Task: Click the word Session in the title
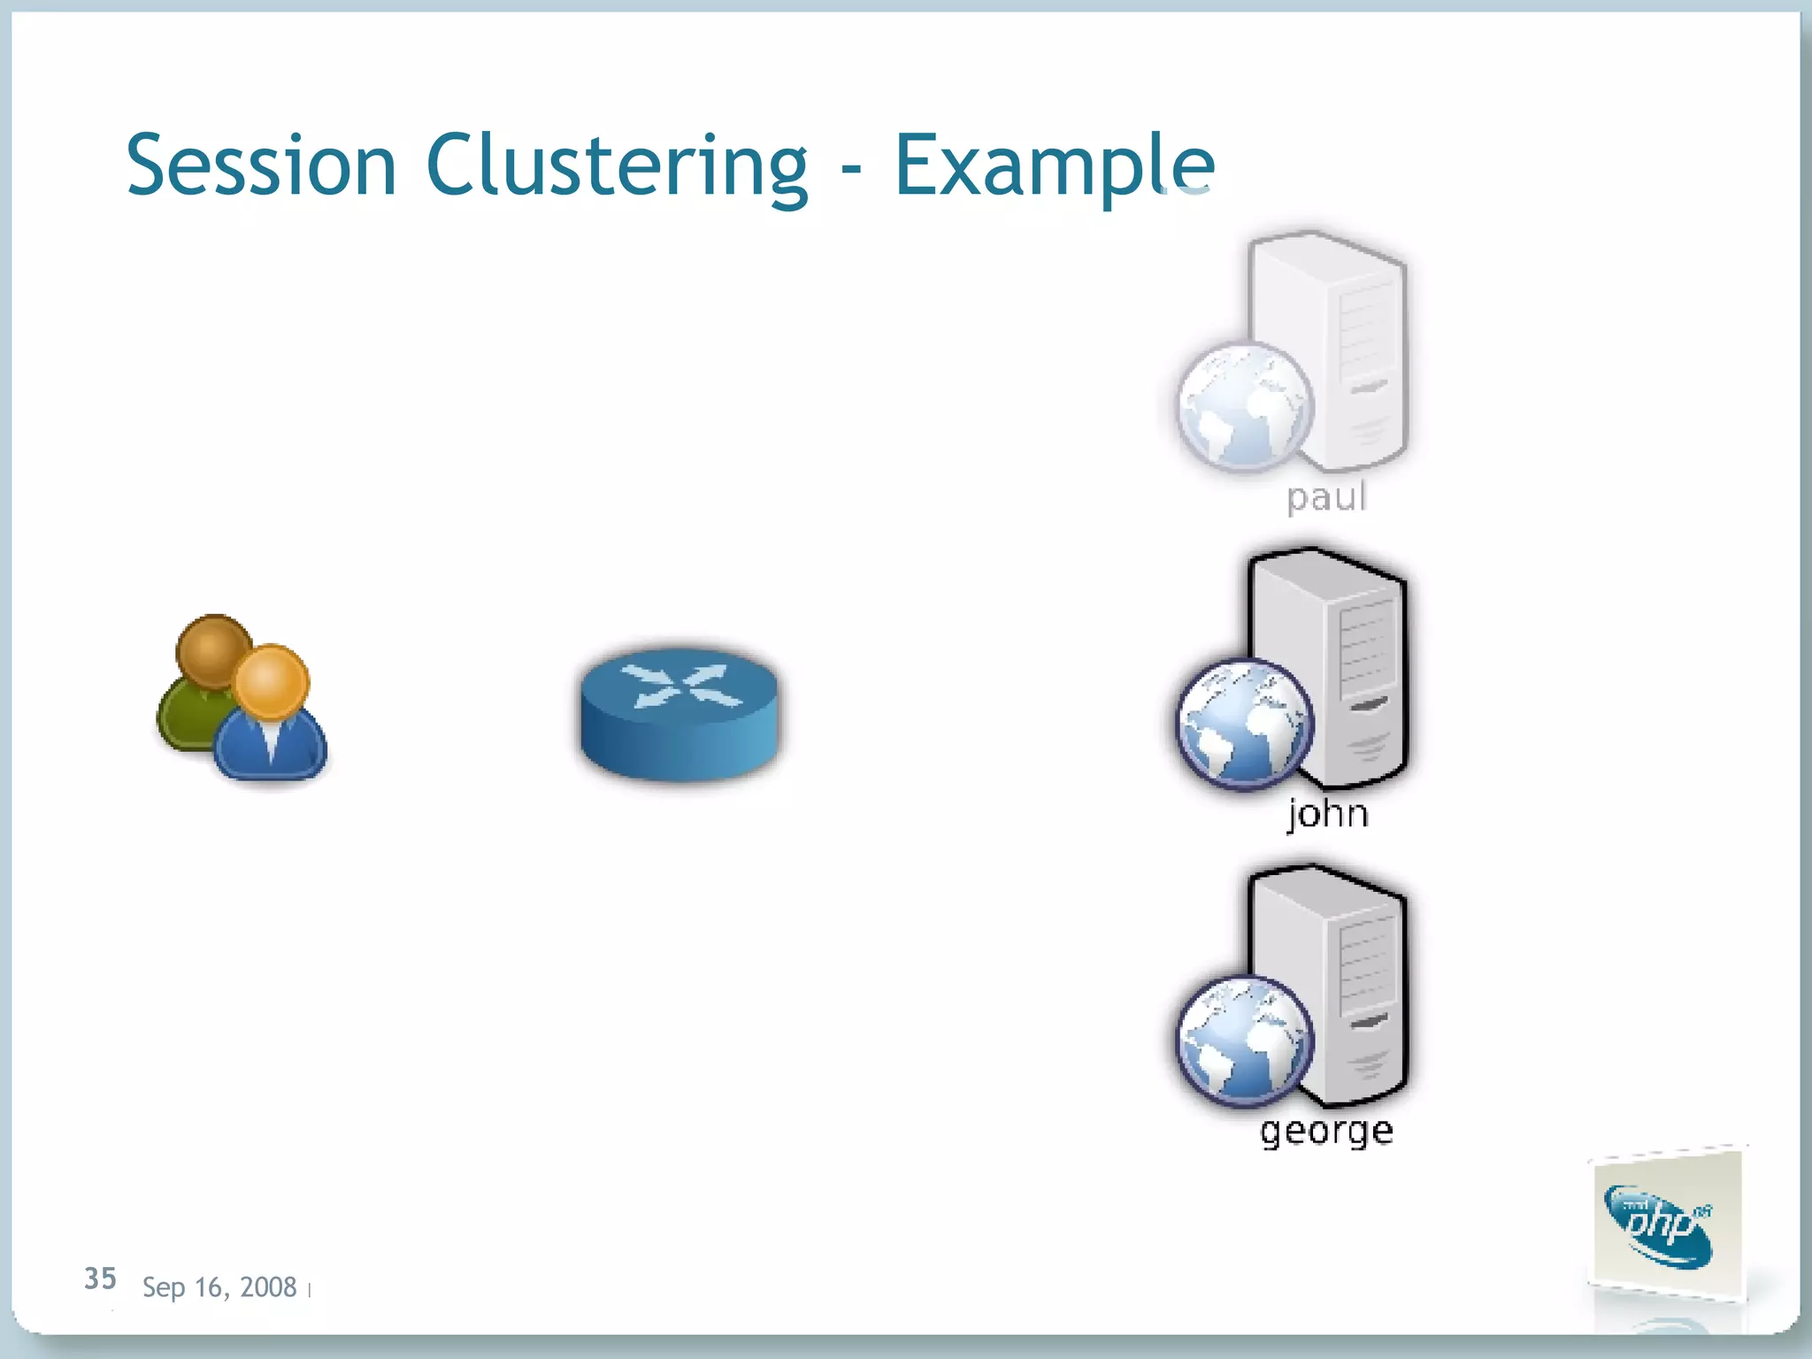[261, 165]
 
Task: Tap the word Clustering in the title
[617, 165]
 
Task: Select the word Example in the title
[1054, 165]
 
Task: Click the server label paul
[1326, 496]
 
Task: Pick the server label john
[1327, 812]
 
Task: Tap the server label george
[1326, 1130]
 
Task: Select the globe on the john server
[1244, 724]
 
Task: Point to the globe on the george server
[1244, 1041]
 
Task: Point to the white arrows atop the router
[679, 687]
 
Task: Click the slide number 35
[100, 1278]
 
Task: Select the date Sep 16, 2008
[219, 1286]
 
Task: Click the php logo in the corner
[1663, 1225]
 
